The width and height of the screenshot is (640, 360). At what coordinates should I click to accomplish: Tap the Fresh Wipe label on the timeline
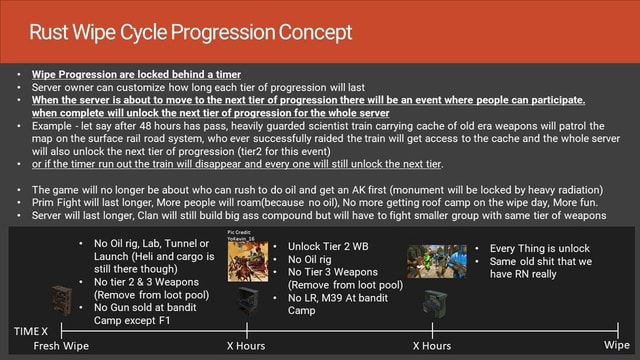(x=61, y=345)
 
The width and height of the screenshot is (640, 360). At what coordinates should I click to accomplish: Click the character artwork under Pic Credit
(x=245, y=263)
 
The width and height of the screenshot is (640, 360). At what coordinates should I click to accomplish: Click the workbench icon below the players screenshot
(x=432, y=300)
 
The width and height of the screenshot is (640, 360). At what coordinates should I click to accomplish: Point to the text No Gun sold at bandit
(x=150, y=309)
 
